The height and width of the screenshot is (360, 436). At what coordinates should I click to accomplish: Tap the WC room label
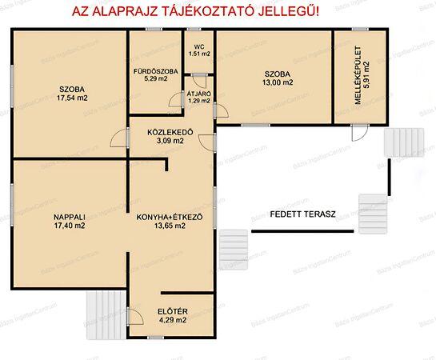point(199,46)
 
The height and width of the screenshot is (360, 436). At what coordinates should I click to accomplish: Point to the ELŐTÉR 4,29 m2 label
point(171,315)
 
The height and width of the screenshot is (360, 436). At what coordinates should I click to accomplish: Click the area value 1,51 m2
point(199,54)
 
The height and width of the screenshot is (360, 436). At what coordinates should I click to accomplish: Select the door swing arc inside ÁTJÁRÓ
point(182,98)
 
